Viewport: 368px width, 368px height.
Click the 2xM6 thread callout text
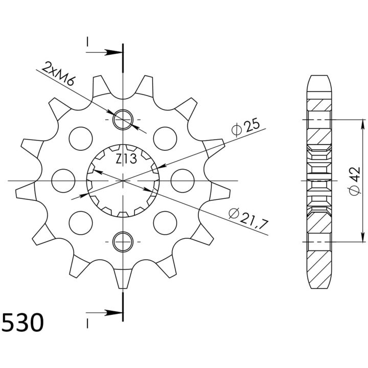point(58,74)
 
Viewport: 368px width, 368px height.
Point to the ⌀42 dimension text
point(354,181)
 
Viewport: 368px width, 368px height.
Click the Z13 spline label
point(126,159)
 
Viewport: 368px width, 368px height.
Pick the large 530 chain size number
point(23,322)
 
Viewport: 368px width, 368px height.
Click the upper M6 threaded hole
point(123,120)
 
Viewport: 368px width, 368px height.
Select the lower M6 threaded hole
point(123,242)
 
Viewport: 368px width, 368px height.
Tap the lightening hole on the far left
point(63,181)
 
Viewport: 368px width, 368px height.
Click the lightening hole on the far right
point(182,181)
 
